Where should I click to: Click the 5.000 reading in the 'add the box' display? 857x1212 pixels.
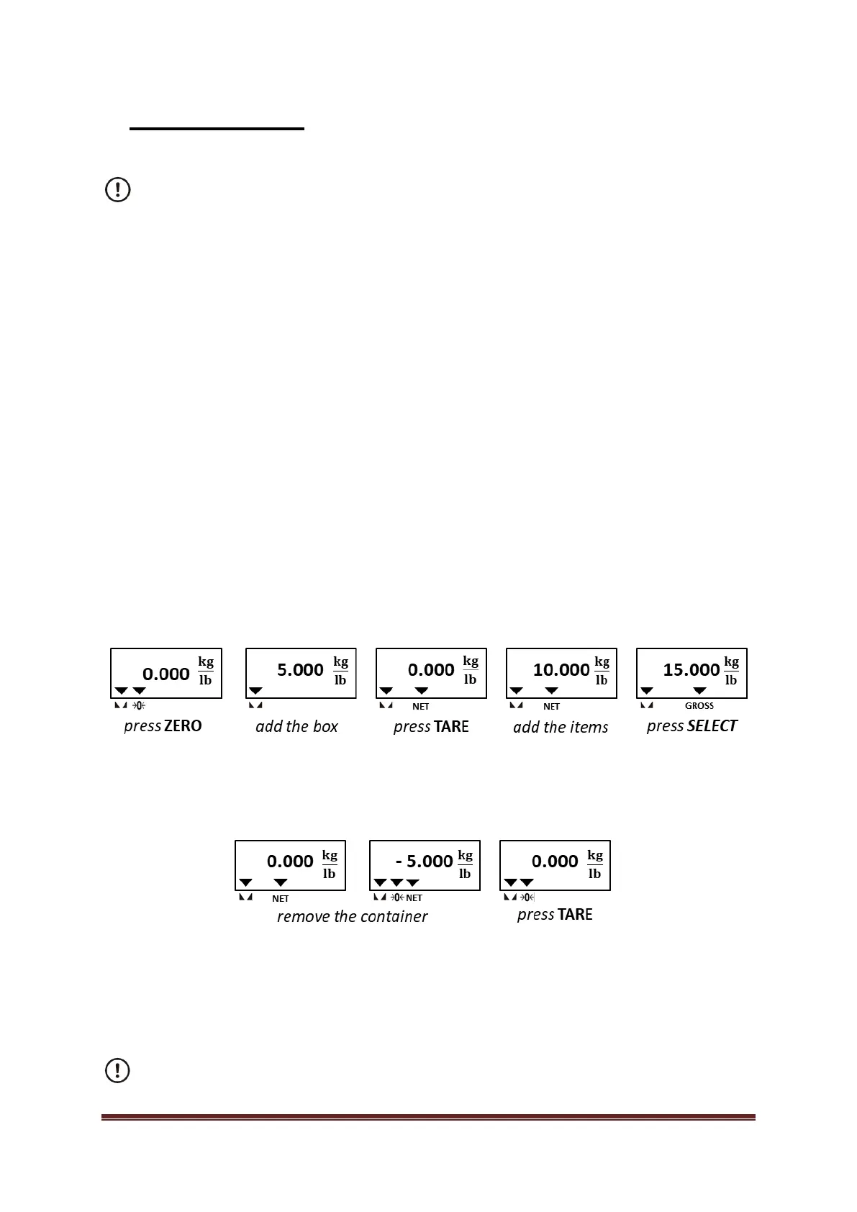coord(300,670)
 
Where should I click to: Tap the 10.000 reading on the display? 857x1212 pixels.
coord(561,670)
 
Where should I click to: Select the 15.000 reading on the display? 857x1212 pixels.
coord(692,670)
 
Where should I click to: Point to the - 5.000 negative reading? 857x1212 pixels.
coord(425,861)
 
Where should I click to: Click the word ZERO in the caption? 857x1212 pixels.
coord(183,725)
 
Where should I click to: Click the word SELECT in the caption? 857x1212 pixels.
coord(712,725)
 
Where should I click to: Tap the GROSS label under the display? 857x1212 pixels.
coord(699,706)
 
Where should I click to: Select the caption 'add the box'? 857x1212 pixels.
coord(296,726)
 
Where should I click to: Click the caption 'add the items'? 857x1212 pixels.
coord(561,727)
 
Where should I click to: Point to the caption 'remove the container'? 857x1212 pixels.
coord(352,916)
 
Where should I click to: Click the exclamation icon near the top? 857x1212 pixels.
coord(118,190)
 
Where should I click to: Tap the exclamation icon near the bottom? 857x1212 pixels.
coord(118,1070)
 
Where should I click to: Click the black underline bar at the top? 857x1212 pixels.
coord(217,129)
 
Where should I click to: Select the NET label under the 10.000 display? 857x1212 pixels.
coord(551,707)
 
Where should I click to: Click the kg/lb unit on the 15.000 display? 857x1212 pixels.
coord(731,671)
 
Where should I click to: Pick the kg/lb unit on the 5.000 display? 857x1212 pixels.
coord(340,671)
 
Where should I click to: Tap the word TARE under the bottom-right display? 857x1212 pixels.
coord(574,915)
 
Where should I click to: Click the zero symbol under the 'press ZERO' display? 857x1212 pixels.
coord(139,705)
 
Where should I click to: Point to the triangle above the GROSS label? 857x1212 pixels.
coord(699,691)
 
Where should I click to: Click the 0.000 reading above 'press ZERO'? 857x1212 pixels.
coord(166,674)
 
